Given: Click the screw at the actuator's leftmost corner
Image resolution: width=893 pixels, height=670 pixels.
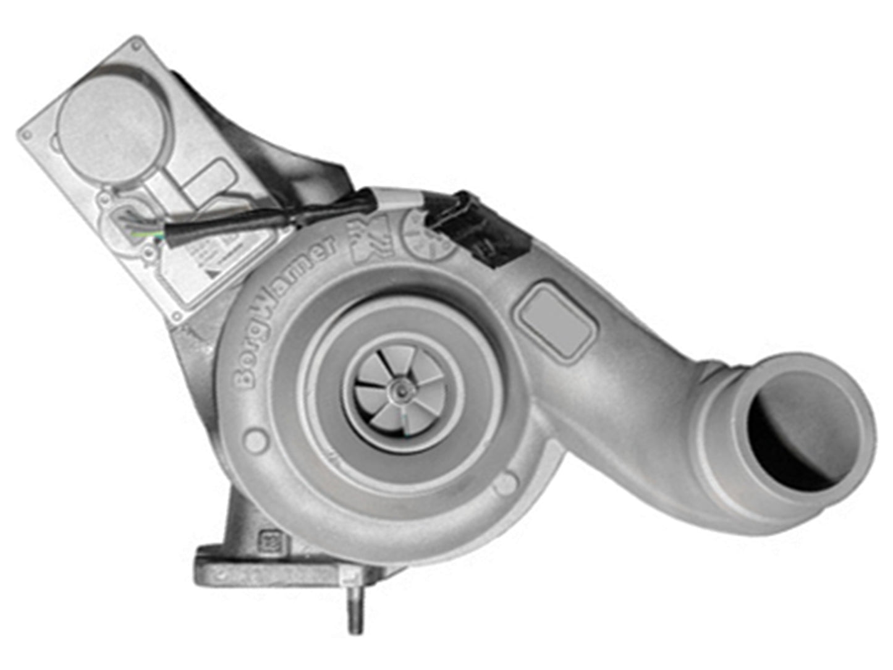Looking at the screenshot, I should [x=26, y=134].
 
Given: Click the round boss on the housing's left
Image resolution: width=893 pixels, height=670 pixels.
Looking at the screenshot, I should [x=255, y=440].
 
